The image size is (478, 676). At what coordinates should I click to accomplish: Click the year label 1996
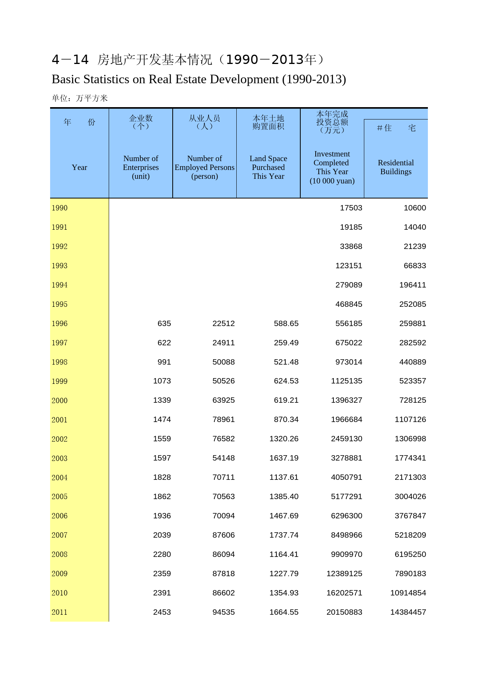coord(59,324)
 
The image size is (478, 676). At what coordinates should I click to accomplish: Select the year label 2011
coord(59,612)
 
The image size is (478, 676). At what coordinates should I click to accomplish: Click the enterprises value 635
coord(164,324)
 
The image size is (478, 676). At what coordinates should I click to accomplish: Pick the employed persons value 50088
coord(224,362)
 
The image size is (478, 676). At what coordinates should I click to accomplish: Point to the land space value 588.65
coord(286,324)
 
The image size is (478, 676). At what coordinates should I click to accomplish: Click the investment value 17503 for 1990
coord(351,208)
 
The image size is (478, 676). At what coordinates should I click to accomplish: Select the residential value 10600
coord(415,208)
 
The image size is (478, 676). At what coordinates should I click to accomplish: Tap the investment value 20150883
coord(344,612)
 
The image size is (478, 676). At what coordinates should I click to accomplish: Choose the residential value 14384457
coord(408,612)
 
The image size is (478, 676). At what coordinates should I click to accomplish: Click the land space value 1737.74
coord(284,535)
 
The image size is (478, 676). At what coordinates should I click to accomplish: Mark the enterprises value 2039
coord(162,535)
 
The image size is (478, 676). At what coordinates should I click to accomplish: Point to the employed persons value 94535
coord(224,612)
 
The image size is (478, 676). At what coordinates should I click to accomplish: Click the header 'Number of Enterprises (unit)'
coord(141,167)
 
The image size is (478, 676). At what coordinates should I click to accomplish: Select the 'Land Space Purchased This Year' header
coord(268,167)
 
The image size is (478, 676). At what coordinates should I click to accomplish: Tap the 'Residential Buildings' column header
coord(396,167)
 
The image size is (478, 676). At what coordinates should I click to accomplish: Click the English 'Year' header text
coord(79,167)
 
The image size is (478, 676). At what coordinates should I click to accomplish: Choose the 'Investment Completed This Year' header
coord(332,167)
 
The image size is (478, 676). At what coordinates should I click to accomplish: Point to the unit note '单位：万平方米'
coord(80,98)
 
